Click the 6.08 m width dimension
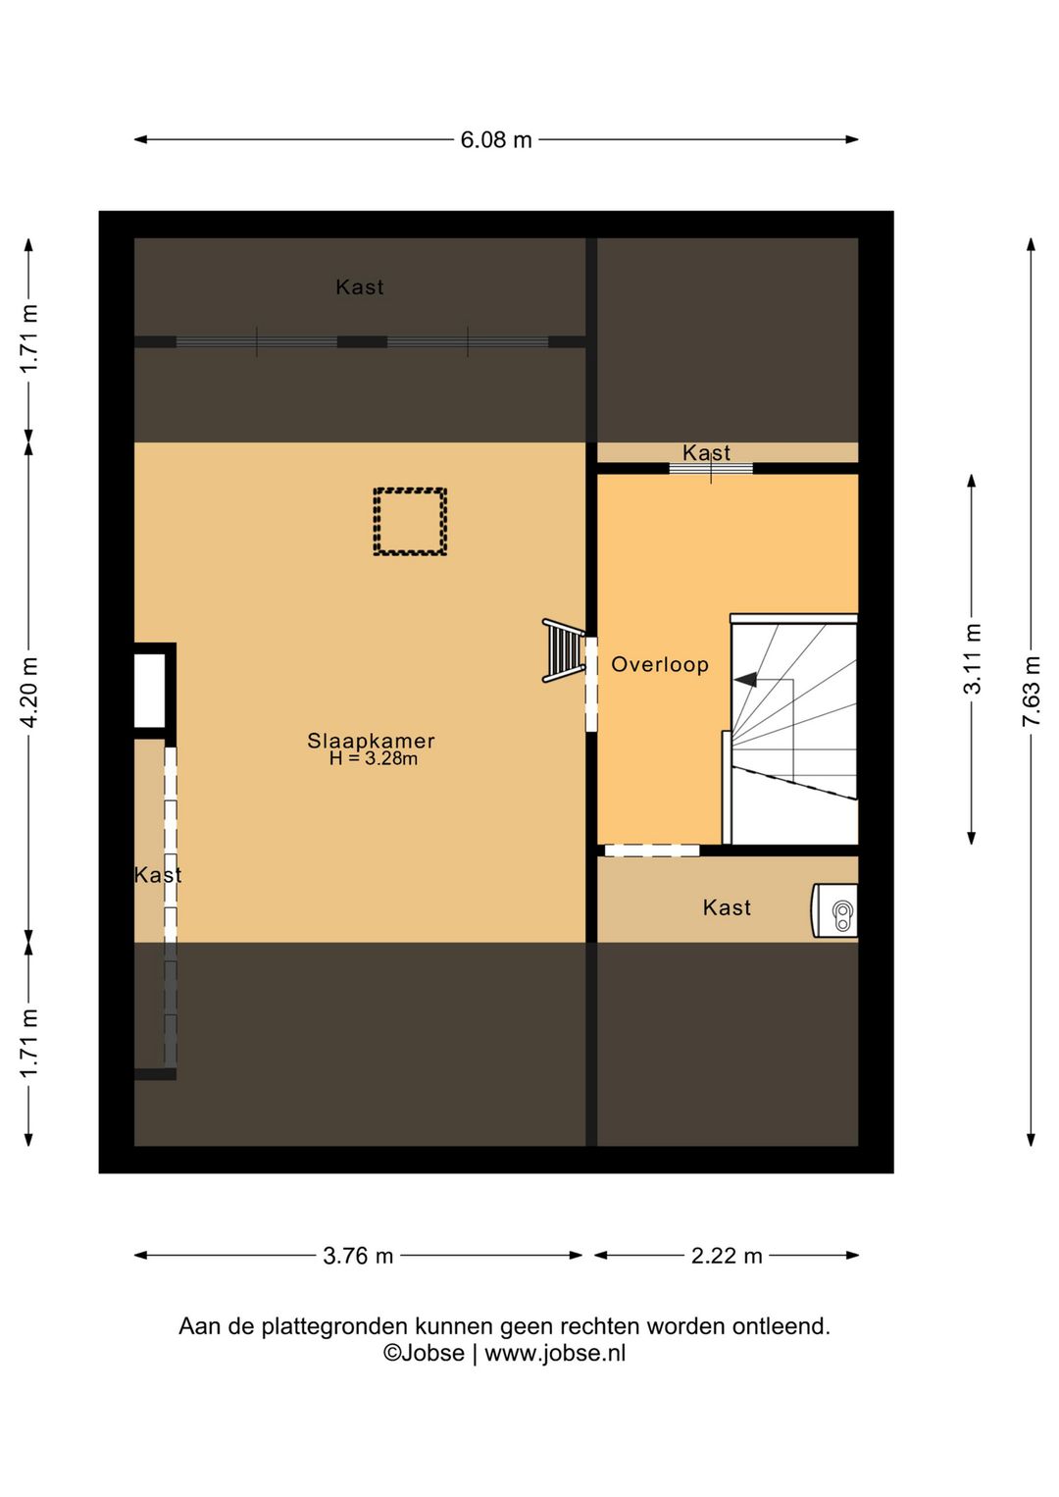496,139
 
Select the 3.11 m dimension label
972,658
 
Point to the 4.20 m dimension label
28,691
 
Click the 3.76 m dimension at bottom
358,1256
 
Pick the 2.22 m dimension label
727,1256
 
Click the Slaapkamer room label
371,741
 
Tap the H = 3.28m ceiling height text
374,758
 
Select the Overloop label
660,664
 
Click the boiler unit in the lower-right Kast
835,910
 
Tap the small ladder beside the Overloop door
563,650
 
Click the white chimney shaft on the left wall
150,691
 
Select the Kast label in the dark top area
360,287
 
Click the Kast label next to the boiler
727,907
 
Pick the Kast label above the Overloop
706,452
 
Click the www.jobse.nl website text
555,1354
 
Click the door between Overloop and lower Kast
651,851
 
